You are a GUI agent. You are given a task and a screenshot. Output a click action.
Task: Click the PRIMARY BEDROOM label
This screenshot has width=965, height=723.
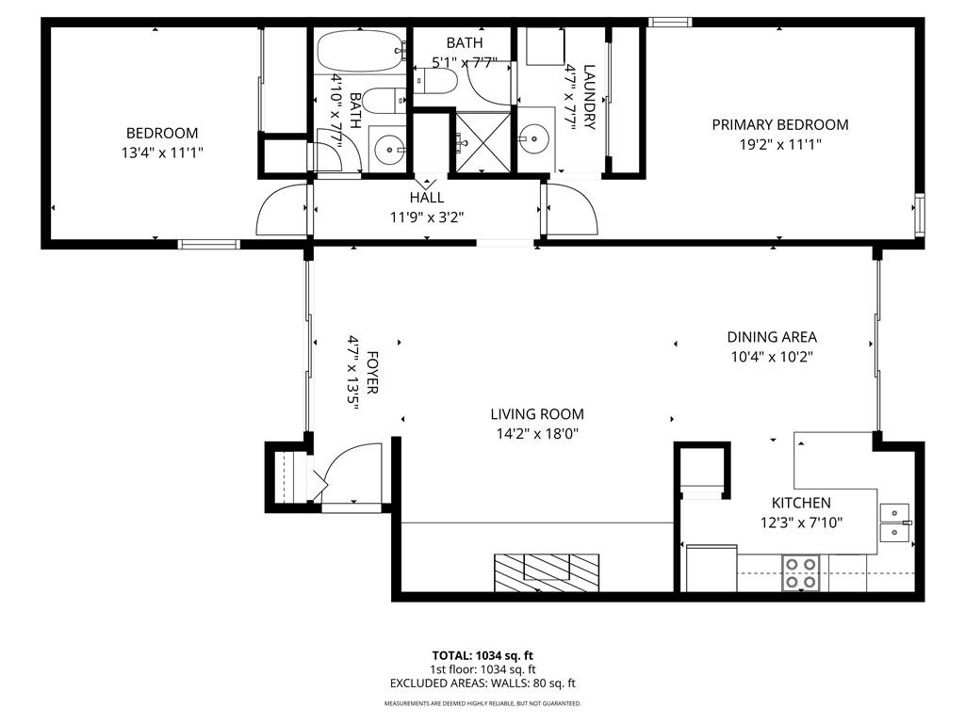[x=779, y=125]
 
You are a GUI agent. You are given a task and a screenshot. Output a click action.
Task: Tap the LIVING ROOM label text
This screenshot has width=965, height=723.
[x=537, y=414]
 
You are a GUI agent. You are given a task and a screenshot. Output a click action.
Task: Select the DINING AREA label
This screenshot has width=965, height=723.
[x=772, y=337]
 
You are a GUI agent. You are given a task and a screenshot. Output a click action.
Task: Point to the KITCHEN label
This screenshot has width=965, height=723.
[x=801, y=503]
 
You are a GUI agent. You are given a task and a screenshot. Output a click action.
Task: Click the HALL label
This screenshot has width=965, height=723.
[x=427, y=198]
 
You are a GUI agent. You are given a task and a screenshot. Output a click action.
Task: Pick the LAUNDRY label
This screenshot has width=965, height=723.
[x=589, y=97]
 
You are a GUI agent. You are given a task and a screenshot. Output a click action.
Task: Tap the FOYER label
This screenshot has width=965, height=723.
[x=372, y=372]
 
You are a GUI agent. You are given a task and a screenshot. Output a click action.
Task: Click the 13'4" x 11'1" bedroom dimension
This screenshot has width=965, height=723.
[x=162, y=153]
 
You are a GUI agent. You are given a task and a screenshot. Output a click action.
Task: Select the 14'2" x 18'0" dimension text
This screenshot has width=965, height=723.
[x=537, y=434]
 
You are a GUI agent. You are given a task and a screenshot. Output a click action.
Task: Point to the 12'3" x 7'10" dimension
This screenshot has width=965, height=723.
[x=801, y=522]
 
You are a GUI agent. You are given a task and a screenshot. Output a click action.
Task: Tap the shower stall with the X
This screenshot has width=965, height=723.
[x=482, y=143]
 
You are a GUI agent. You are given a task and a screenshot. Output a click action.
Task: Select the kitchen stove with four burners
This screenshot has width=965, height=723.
[x=801, y=572]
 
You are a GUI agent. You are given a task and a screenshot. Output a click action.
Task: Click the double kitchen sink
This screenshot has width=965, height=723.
[x=894, y=522]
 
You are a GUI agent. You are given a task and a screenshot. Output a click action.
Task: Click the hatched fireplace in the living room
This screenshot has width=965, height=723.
[x=547, y=572]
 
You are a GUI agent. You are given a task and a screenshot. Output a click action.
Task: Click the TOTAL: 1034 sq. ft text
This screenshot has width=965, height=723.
[x=482, y=655]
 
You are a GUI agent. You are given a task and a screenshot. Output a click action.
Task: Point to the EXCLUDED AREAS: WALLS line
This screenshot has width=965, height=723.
[x=482, y=683]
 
